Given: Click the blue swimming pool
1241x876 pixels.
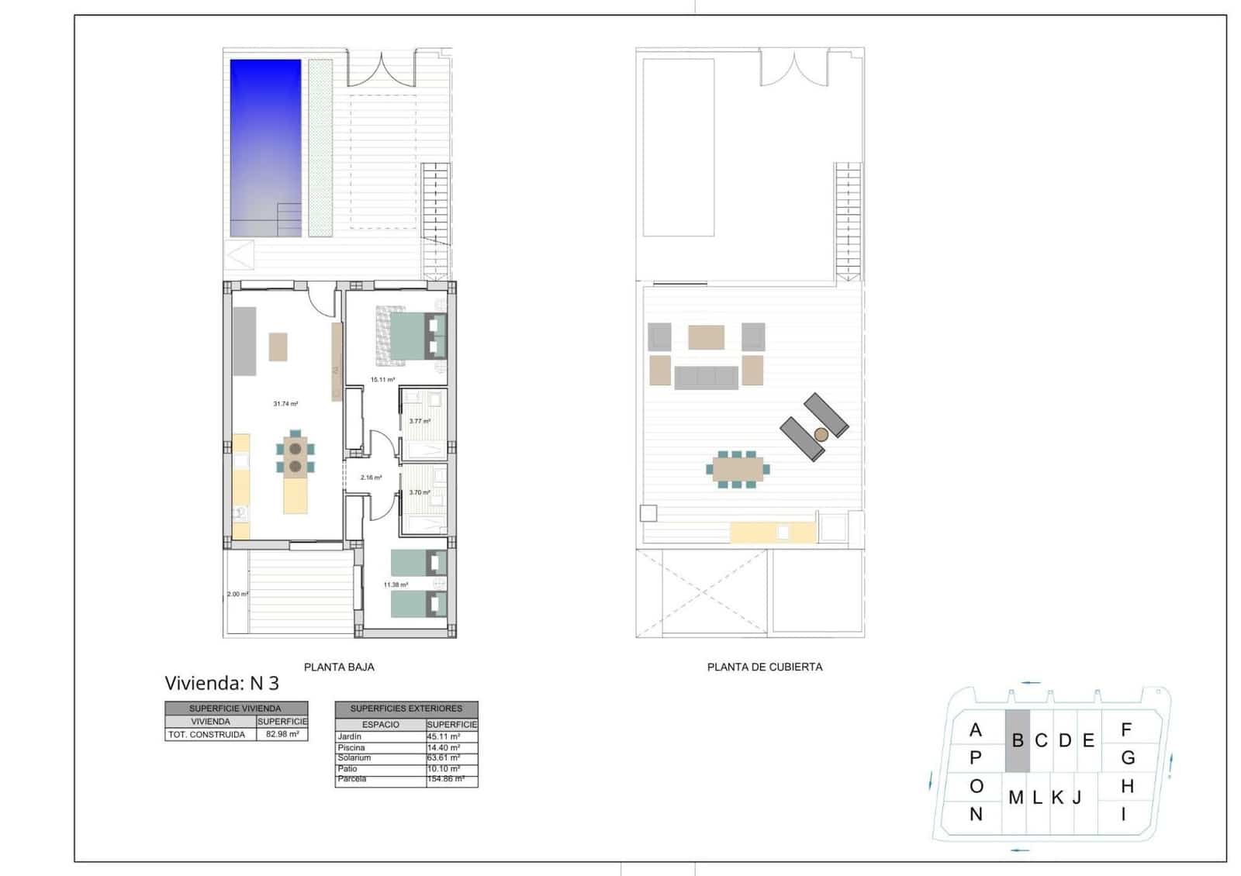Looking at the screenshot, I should pyautogui.click(x=265, y=147).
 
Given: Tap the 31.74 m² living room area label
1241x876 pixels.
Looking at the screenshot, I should pyautogui.click(x=285, y=404).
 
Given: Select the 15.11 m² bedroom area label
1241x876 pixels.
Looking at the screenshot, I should pyautogui.click(x=382, y=380).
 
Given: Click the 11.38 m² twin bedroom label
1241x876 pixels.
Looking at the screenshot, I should pyautogui.click(x=396, y=585).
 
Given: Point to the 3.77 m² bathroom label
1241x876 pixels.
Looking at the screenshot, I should pyautogui.click(x=420, y=422).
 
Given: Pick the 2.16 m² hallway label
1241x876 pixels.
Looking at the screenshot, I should pyautogui.click(x=371, y=478).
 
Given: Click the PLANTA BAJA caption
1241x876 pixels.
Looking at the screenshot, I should pyautogui.click(x=339, y=667).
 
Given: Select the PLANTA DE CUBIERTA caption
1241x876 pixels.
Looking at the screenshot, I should pyautogui.click(x=764, y=667).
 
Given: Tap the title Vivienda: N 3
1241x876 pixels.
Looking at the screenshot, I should pyautogui.click(x=221, y=684).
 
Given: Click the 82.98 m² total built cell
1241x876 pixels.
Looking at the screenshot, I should pyautogui.click(x=282, y=734).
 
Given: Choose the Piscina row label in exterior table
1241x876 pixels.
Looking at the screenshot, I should pyautogui.click(x=351, y=747).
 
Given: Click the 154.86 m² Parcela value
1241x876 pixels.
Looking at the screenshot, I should pyautogui.click(x=445, y=779).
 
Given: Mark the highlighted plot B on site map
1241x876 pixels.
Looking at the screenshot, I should pyautogui.click(x=1018, y=741).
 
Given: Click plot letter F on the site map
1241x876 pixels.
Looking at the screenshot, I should pyautogui.click(x=1126, y=729).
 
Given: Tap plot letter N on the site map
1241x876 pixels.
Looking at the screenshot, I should pyautogui.click(x=976, y=815).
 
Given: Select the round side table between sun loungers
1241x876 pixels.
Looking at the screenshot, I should pyautogui.click(x=821, y=435).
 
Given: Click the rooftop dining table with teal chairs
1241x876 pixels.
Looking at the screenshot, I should pyautogui.click(x=738, y=469).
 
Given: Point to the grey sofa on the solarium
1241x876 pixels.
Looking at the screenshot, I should pyautogui.click(x=706, y=378).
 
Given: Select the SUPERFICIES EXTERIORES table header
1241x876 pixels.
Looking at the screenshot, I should pyautogui.click(x=406, y=709).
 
